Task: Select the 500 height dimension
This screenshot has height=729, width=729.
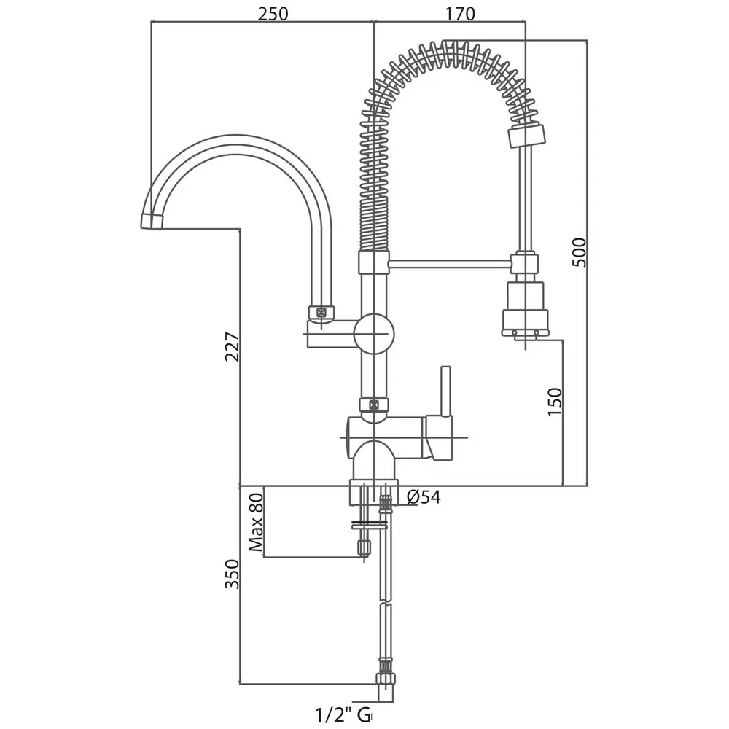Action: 580,252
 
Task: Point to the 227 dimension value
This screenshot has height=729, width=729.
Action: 232,346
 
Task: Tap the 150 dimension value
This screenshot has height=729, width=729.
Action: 555,401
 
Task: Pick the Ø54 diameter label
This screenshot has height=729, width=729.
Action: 424,497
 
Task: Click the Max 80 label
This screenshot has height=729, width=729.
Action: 256,522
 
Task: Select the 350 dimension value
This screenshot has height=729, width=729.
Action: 232,574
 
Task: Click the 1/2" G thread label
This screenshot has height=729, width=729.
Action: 343,715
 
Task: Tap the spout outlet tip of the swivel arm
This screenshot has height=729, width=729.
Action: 152,222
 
